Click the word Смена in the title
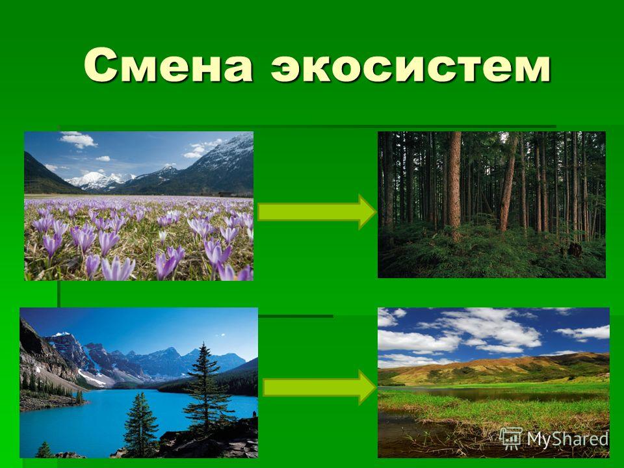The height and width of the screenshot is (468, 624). [168, 65]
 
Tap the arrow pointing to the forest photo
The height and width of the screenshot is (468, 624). [317, 212]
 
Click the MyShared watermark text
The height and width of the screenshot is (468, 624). [568, 439]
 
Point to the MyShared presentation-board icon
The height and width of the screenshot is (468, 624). [512, 439]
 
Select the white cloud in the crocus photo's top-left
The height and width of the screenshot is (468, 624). [77, 139]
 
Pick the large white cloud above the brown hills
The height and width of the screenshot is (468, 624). [489, 328]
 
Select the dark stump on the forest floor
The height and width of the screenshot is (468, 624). [573, 250]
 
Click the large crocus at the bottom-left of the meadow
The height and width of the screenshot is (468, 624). [118, 268]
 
